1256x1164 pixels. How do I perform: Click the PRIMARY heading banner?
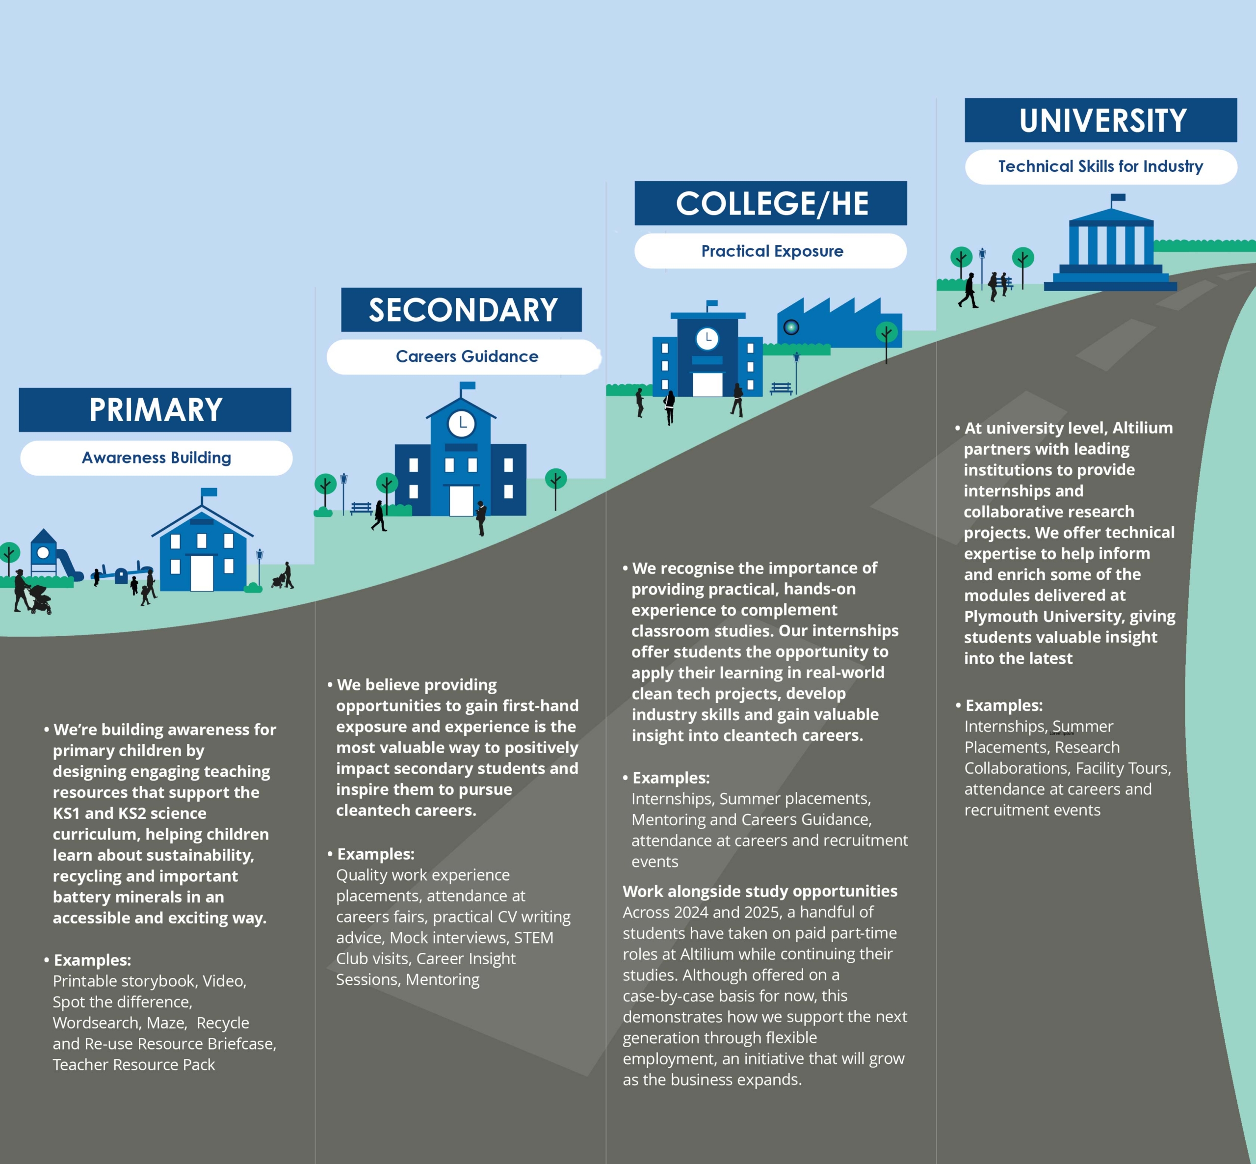155,410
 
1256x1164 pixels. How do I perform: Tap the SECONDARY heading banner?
462,310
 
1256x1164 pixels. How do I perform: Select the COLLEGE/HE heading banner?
771,203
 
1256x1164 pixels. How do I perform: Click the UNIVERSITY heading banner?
1100,120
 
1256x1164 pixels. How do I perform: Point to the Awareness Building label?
156,458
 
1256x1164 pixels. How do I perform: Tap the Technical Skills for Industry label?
1100,167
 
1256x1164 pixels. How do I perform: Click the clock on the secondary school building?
462,423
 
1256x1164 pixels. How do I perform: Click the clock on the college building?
707,339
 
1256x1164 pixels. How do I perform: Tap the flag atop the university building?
1118,198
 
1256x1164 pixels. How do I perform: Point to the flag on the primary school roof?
209,492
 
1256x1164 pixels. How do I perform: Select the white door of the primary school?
202,573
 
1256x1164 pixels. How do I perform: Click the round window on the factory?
791,327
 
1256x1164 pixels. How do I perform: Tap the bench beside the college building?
781,389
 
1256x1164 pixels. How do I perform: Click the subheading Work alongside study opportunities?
759,891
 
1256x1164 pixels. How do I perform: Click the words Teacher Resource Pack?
133,1064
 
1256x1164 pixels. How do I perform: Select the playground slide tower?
44,551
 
